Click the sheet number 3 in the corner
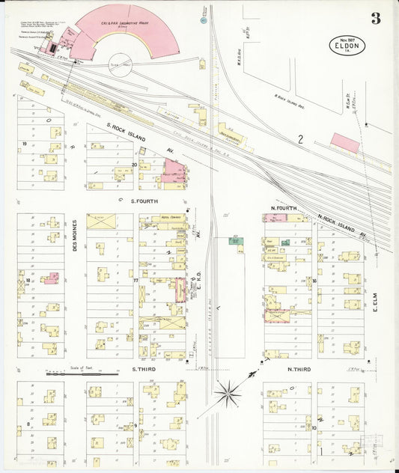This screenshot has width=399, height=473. point(376,19)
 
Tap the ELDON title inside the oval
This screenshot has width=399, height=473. point(347,47)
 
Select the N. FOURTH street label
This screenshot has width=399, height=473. point(284,207)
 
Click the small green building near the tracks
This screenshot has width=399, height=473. point(235,241)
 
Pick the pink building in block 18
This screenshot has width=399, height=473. point(50,278)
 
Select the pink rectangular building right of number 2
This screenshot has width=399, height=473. point(345,141)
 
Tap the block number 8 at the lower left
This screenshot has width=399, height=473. point(28,424)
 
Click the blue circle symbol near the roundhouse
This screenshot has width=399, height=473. point(203,21)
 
